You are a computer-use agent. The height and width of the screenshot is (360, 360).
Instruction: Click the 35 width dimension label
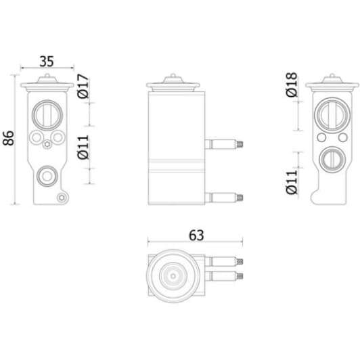[x=47, y=62]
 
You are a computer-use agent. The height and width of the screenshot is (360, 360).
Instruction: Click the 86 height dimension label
[x=9, y=138]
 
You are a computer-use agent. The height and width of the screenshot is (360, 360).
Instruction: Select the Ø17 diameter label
[x=83, y=86]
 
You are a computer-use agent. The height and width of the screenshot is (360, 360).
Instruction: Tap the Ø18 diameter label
[x=292, y=85]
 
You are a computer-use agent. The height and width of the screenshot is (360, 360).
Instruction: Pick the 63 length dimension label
[x=196, y=235]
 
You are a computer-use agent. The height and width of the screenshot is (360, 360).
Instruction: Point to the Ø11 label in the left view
[x=83, y=147]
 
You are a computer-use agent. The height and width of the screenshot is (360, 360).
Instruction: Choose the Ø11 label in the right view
[x=292, y=182]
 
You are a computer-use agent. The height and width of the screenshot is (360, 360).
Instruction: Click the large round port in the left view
[x=47, y=115]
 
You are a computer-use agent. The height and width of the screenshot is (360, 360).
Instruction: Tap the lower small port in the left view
[x=47, y=176]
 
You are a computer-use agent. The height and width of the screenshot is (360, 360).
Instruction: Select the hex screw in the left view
[x=47, y=144]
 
